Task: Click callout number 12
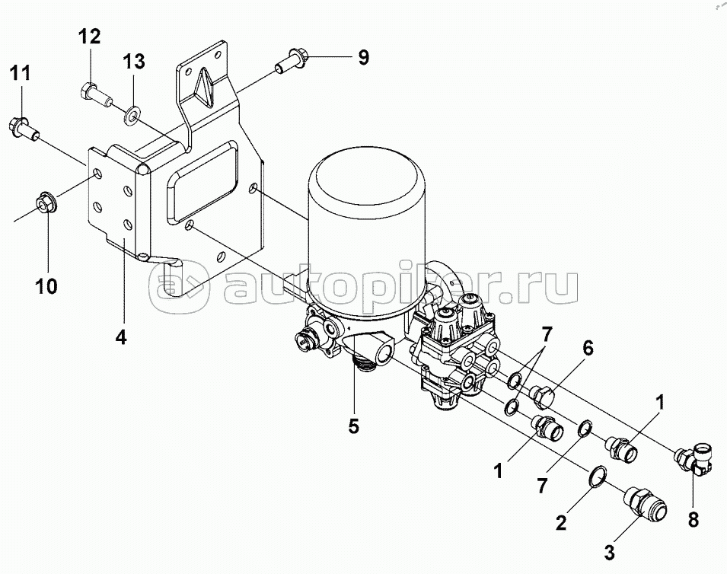coord(89,37)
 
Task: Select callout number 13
coord(134,61)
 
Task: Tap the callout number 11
coord(21,73)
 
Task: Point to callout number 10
coord(46,286)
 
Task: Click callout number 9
coord(364,58)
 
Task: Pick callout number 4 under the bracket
coord(120,338)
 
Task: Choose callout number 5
coord(354,426)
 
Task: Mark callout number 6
coord(588,348)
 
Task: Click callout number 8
coord(693,519)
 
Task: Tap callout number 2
coord(560,523)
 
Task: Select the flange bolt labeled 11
coord(24,129)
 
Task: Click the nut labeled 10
coord(46,203)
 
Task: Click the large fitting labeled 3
coord(646,504)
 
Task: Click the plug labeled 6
coord(544,396)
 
